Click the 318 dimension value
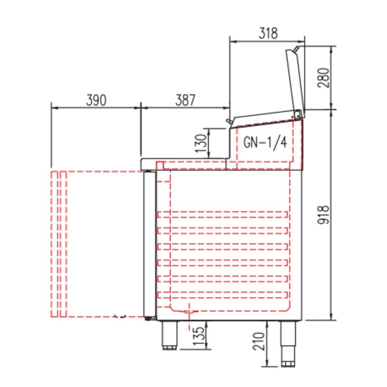click(x=268, y=34)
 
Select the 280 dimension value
click(x=324, y=77)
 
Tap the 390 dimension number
click(x=96, y=100)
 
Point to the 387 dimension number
click(x=185, y=100)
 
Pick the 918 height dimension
click(x=324, y=215)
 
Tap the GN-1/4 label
click(x=265, y=142)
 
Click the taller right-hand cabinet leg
click(x=288, y=343)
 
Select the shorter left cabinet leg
click(x=169, y=335)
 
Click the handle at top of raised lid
click(x=296, y=49)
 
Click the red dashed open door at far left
click(x=59, y=244)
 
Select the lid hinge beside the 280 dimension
click(x=299, y=113)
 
